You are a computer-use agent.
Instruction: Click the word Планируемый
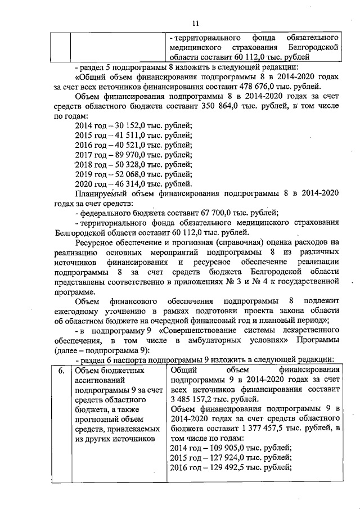click(x=102, y=193)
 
